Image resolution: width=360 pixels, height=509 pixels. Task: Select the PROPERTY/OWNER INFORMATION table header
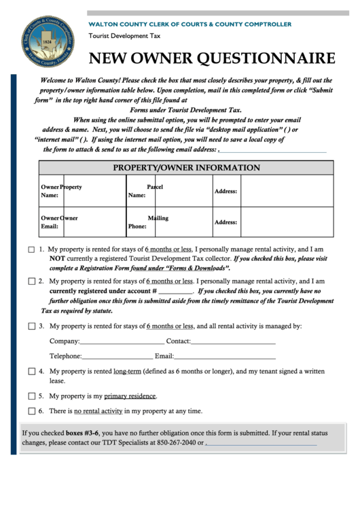coord(186,168)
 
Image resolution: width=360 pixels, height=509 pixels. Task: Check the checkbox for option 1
coord(31,249)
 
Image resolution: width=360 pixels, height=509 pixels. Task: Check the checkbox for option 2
coord(31,281)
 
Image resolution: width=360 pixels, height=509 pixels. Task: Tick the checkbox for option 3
coord(31,326)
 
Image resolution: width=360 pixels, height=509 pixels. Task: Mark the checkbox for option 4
coord(31,372)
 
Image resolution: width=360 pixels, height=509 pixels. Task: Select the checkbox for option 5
coord(31,396)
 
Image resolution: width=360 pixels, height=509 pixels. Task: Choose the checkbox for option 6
coord(31,410)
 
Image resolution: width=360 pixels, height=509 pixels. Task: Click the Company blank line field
coord(122,342)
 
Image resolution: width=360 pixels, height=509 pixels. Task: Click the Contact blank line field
coord(232,342)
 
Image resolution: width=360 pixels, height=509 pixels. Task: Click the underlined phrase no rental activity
coord(98,411)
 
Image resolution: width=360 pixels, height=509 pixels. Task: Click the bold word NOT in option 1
coord(58,259)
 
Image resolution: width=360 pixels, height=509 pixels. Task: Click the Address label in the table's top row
coord(226,192)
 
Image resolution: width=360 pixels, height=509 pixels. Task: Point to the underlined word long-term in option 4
coord(127,372)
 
